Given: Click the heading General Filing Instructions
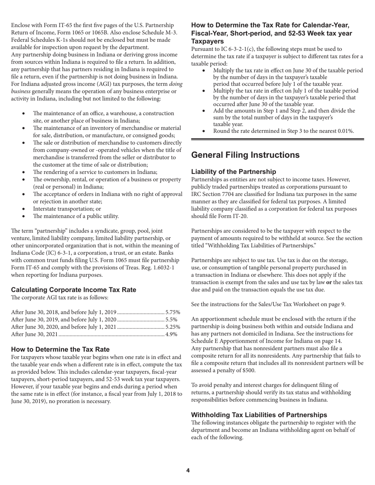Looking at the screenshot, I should tap(245, 155).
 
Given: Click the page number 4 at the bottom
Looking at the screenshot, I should tap(188, 470).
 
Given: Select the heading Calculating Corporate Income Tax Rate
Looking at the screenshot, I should tap(73, 290).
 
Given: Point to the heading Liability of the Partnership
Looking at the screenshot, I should tap(234, 172).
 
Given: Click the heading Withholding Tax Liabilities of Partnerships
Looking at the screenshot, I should tap(259, 415).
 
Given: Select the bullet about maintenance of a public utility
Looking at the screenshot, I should tap(75, 216).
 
